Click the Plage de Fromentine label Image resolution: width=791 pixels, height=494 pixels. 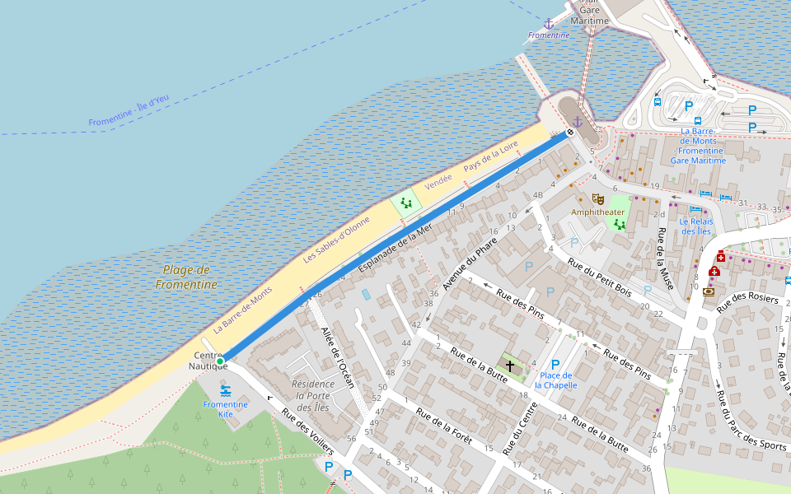click(186, 277)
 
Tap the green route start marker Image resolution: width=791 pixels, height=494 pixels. click(220, 361)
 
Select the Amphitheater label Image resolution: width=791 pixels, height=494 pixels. click(598, 212)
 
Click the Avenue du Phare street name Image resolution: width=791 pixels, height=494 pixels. click(470, 263)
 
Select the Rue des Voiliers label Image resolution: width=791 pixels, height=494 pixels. click(307, 431)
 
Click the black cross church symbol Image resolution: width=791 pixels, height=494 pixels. click(509, 364)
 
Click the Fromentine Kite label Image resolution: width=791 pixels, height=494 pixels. click(226, 409)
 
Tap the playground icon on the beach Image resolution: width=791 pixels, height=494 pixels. click(405, 202)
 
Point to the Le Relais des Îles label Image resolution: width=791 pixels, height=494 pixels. click(695, 226)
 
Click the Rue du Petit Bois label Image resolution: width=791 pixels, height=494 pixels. click(599, 279)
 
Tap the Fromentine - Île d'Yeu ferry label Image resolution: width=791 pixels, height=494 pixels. click(129, 111)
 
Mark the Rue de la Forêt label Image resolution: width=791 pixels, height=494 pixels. click(443, 426)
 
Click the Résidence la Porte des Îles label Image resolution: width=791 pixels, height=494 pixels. click(313, 396)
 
